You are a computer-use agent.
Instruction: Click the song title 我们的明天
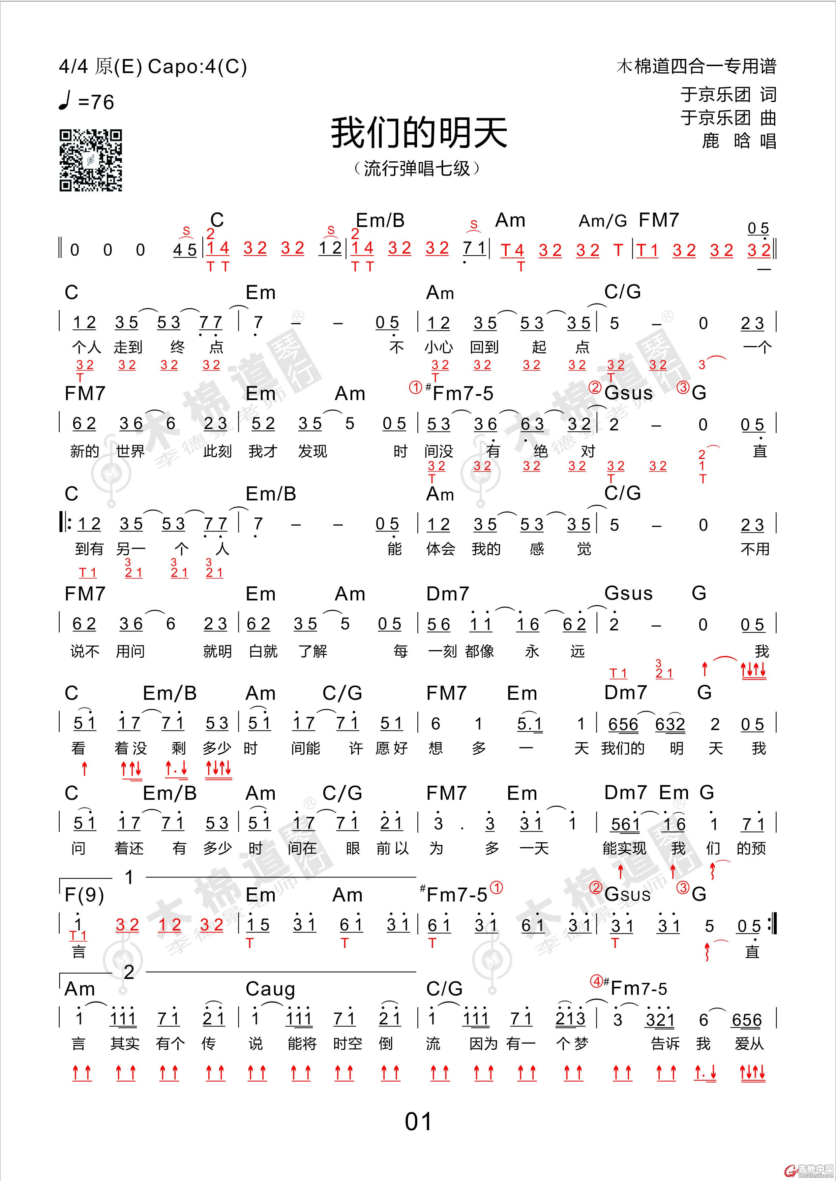419,133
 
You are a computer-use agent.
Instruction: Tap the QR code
91,161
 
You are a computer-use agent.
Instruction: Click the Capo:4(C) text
197,67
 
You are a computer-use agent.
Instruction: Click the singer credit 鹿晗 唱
739,141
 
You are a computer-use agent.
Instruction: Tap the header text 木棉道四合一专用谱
696,66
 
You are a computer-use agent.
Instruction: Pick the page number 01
418,1121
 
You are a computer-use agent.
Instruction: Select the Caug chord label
270,989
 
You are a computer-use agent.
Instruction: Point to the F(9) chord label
84,895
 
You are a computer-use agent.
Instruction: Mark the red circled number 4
596,981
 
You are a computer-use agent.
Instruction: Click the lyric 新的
84,452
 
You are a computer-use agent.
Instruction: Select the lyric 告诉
665,1044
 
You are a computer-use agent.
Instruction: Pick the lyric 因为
483,1044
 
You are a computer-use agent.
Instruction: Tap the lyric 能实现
624,848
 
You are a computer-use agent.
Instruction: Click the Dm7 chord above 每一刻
447,594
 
